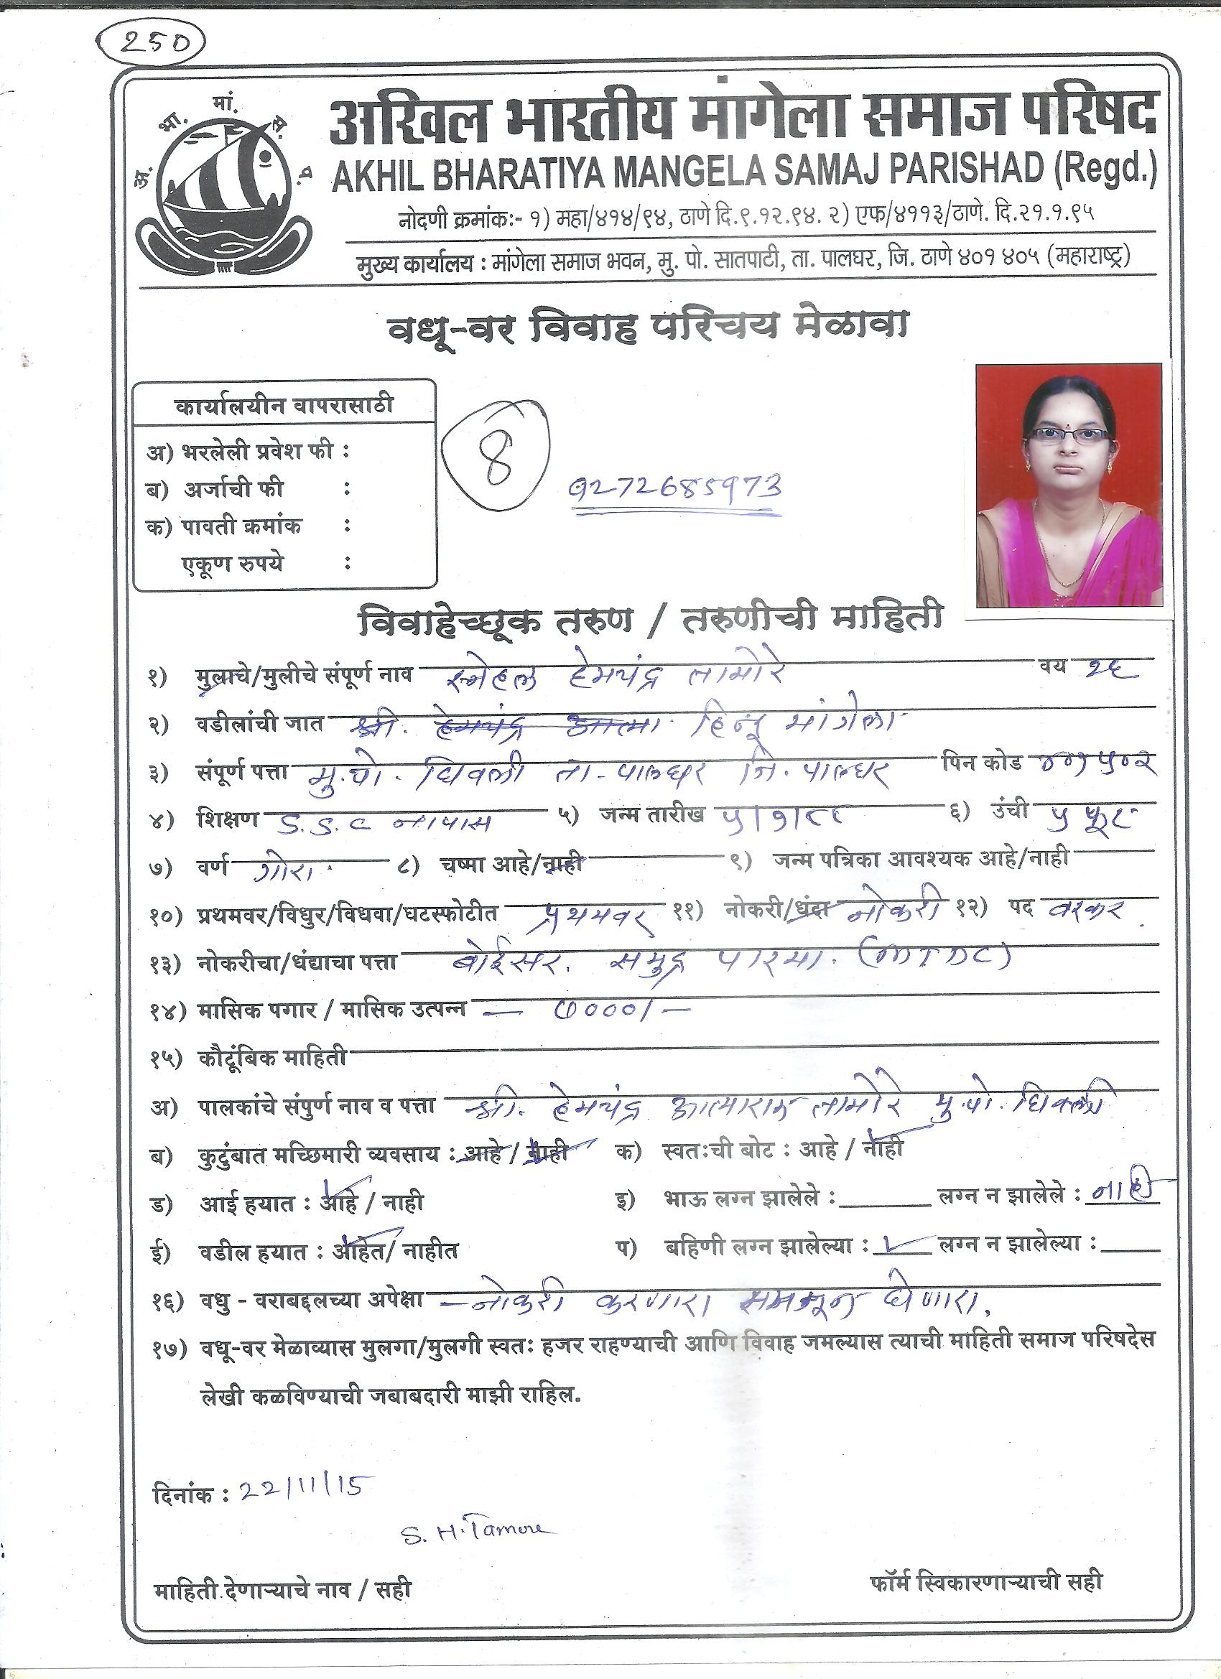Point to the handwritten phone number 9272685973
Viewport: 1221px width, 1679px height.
coord(674,489)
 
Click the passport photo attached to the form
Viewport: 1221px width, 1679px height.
coord(1068,485)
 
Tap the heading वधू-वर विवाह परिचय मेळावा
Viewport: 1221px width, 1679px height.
coord(647,326)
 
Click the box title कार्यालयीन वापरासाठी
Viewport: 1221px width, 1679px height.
coord(284,406)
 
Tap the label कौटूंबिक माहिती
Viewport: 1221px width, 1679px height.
coord(271,1059)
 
